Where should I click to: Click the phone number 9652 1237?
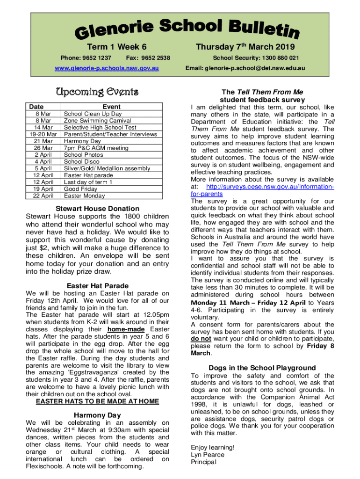tap(96, 58)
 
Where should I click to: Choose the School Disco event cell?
tap(82, 161)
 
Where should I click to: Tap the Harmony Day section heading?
tap(97, 415)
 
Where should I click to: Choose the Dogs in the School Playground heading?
tap(262, 368)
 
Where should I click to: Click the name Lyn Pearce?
tap(208, 455)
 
